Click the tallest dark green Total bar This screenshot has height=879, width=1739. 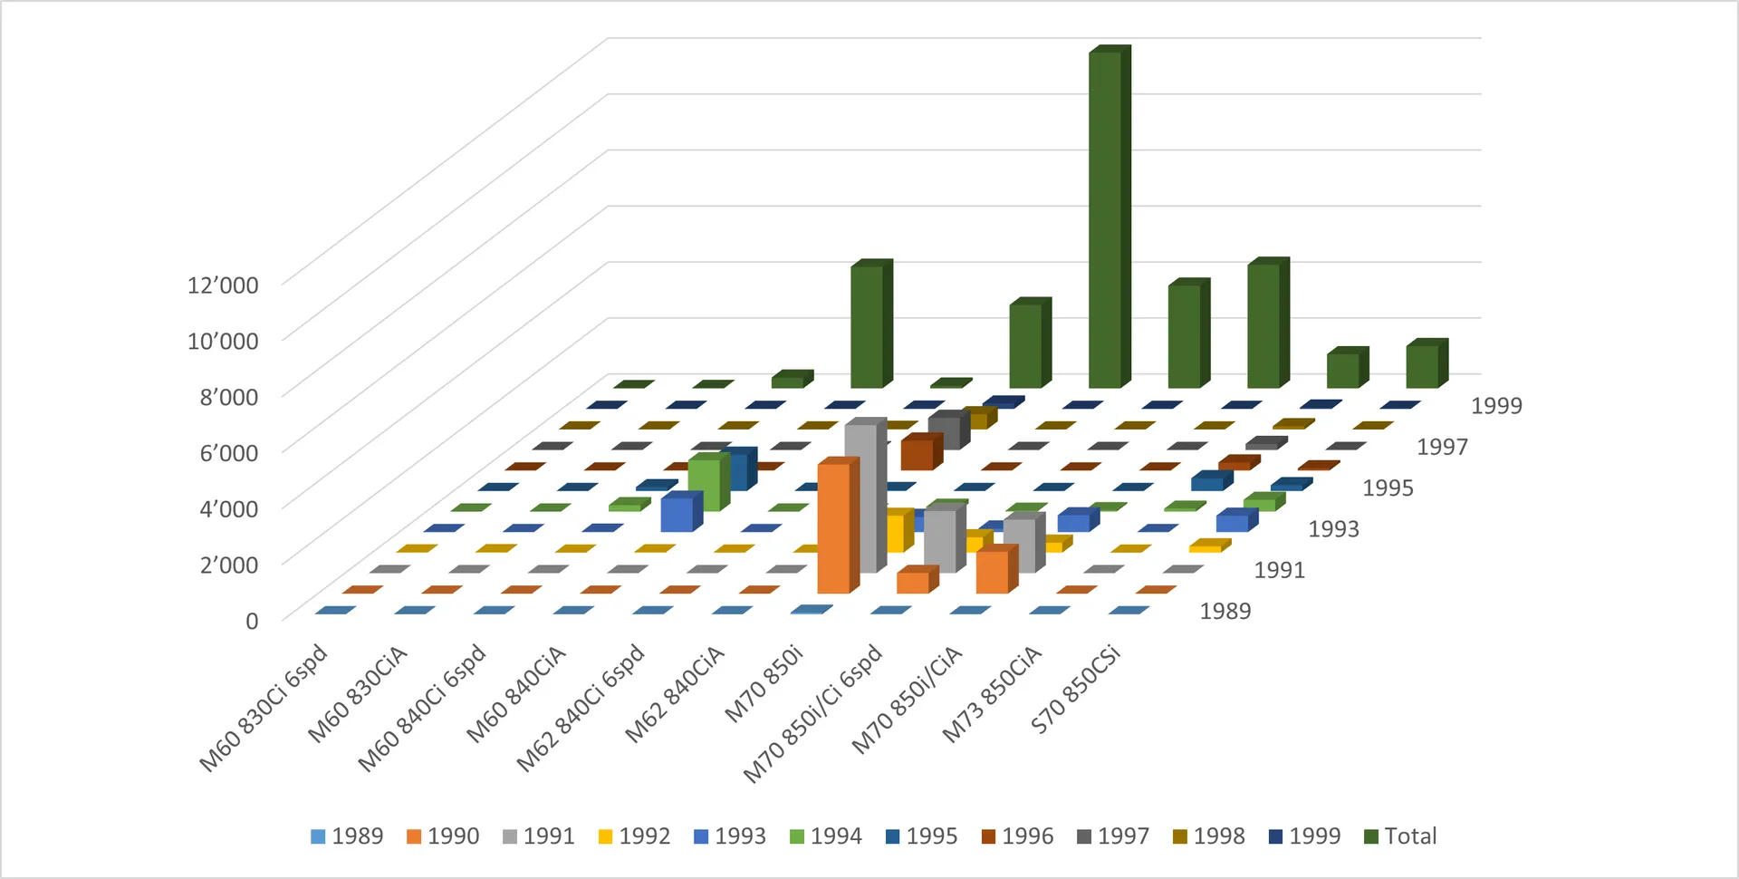(x=1109, y=217)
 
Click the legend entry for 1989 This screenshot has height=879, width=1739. (x=347, y=836)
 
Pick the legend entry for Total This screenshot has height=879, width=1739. (x=1400, y=836)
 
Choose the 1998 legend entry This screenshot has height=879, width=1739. (x=1208, y=836)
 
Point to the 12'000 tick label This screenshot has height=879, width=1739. (x=223, y=285)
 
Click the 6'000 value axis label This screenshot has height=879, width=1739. (x=229, y=453)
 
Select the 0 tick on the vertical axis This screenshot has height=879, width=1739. (x=252, y=621)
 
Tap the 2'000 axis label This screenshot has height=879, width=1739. (x=229, y=565)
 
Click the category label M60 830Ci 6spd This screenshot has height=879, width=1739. (x=264, y=709)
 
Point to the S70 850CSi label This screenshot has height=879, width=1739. (x=1076, y=689)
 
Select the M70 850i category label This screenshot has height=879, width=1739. (x=764, y=683)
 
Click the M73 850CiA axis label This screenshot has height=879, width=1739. (x=992, y=693)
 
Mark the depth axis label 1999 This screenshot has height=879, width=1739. (x=1496, y=406)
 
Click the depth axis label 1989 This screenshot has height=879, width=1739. (x=1225, y=612)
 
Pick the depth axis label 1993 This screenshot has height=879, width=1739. (x=1334, y=529)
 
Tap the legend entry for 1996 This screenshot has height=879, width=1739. (x=1017, y=836)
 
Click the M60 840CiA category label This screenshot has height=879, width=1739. (x=516, y=693)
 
